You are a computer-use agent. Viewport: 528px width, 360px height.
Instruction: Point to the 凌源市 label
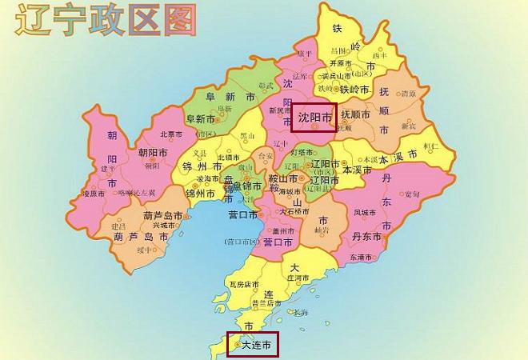[x=94, y=194]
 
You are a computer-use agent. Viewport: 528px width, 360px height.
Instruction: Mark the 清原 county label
[x=408, y=94]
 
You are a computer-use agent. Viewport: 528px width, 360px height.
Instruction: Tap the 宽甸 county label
[x=411, y=194]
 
